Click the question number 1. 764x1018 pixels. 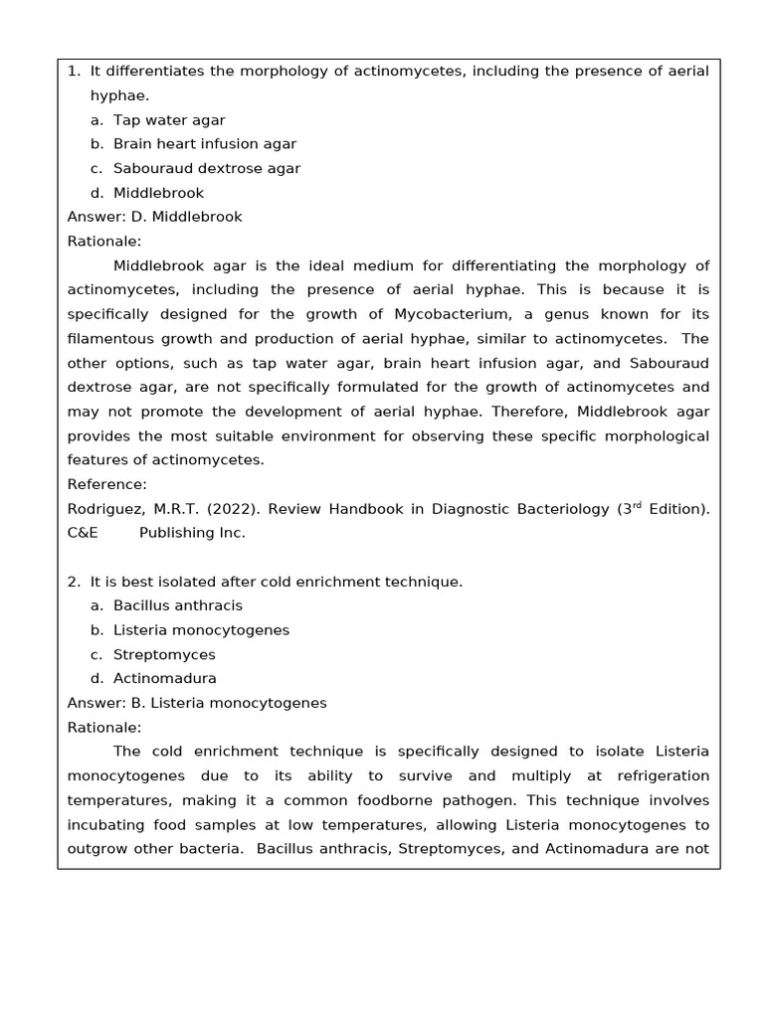pos(73,72)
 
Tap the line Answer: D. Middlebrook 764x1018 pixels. pos(154,217)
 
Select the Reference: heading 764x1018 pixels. pos(106,484)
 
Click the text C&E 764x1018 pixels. pos(83,533)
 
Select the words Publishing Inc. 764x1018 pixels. pos(191,533)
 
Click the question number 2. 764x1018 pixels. pos(73,582)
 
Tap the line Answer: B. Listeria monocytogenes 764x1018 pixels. pos(197,703)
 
